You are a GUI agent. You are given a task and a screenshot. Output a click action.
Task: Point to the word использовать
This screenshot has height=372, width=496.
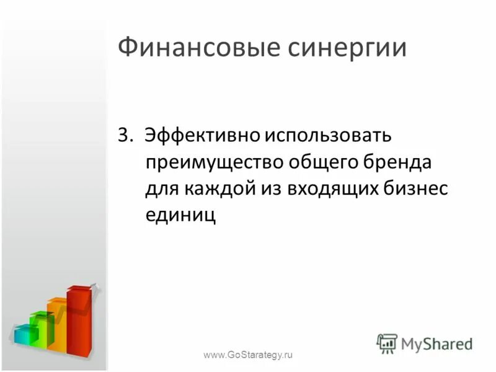327,135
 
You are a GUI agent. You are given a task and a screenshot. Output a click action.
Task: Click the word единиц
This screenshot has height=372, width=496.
180,216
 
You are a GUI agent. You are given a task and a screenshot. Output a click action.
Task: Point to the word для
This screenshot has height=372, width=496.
160,189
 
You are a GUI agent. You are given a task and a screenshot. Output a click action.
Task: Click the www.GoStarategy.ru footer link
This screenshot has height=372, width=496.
247,355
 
